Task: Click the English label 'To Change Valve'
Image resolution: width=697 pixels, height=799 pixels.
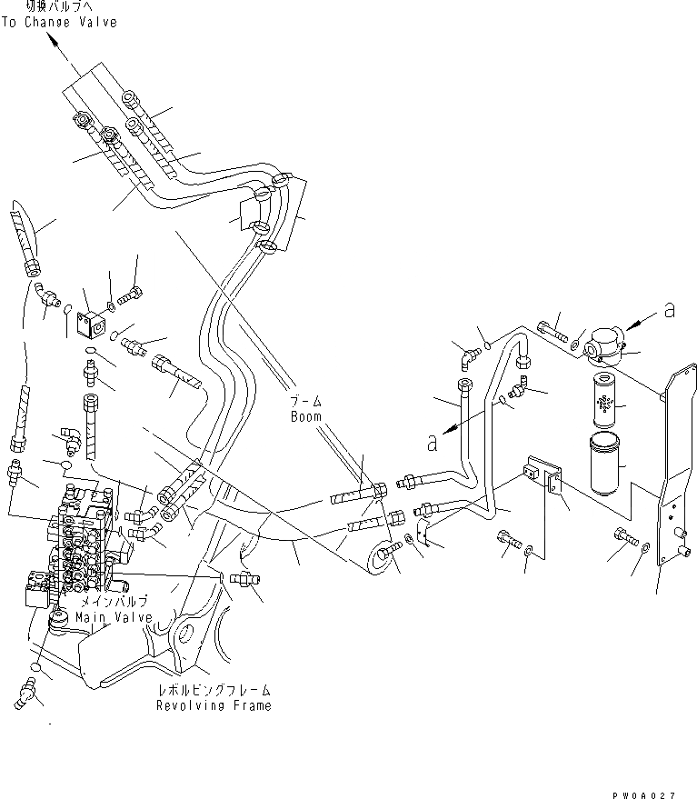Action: click(x=59, y=22)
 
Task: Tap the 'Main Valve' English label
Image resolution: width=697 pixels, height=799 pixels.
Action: click(x=114, y=618)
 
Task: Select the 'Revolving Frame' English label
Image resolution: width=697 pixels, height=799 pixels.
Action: click(x=213, y=705)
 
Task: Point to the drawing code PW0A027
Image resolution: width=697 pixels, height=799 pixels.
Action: click(x=645, y=793)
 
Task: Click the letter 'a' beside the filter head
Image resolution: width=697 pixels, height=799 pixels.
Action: click(x=670, y=311)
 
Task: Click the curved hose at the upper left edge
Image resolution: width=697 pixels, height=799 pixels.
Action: click(x=27, y=238)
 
